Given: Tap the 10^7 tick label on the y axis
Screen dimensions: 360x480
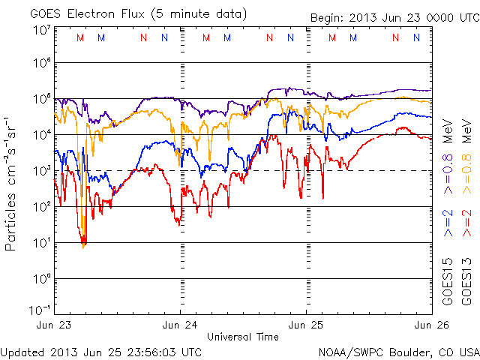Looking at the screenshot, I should (41, 29).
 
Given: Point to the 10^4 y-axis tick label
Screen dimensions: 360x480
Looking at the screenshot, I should (41, 134).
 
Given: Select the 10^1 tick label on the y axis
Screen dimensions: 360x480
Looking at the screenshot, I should (41, 242).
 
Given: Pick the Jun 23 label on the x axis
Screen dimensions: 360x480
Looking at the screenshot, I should (55, 325).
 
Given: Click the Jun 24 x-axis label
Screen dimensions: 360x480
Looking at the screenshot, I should (181, 325).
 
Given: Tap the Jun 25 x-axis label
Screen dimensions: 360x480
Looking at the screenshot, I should (306, 325).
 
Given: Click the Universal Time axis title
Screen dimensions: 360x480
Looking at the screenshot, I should (242, 337).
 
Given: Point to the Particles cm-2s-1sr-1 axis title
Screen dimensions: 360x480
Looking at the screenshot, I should (13, 184).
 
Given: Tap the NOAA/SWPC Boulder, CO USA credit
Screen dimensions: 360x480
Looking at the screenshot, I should (398, 351).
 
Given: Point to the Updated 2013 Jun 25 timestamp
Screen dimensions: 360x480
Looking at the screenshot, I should (101, 351).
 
